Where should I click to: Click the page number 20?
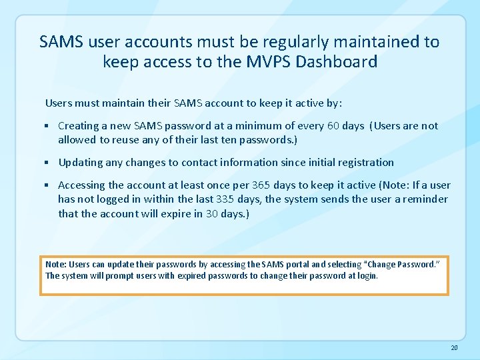coord(454,347)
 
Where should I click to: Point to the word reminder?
coord(425,199)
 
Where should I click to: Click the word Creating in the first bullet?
coord(79,125)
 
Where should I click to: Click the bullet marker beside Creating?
coord(48,125)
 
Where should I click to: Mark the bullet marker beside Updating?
coord(48,162)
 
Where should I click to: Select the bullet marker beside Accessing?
coord(48,185)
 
